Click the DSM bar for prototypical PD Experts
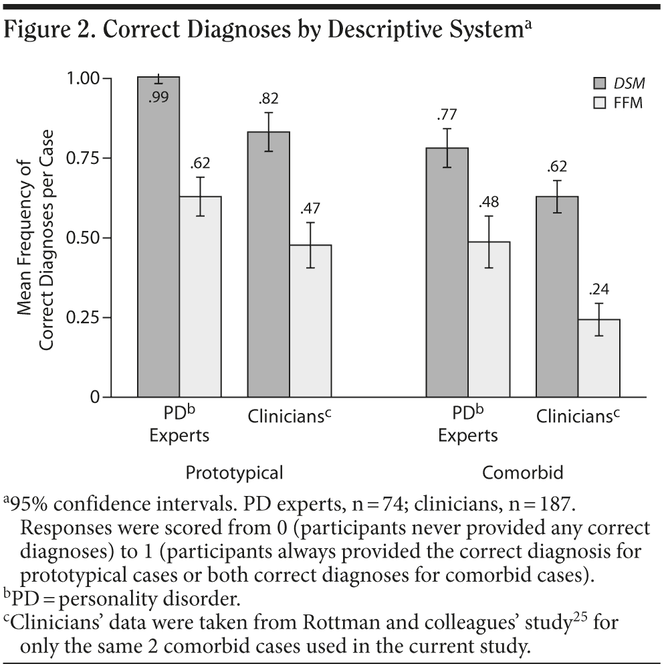coord(158,254)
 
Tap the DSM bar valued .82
coord(269,281)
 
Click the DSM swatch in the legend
coord(600,83)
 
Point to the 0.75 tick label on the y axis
coord(86,158)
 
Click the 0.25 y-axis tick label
coord(86,317)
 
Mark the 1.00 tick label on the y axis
coord(86,78)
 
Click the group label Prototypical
coord(234,473)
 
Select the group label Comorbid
coord(523,473)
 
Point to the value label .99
coord(159,97)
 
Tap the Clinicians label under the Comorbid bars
coord(578,416)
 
